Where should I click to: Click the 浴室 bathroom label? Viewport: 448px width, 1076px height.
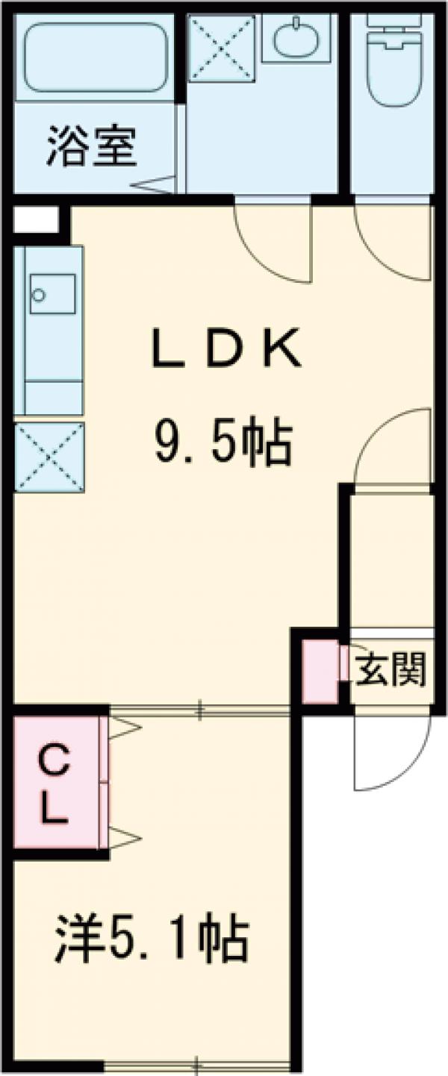point(93,146)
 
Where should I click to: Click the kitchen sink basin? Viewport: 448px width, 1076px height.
point(53,294)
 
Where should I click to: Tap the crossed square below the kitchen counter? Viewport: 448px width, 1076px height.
point(49,457)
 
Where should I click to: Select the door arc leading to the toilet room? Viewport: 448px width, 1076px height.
point(392,243)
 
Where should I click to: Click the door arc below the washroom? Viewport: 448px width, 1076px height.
point(273,243)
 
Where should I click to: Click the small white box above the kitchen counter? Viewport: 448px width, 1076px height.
point(35,219)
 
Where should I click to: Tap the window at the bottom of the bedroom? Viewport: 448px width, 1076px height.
point(197,1063)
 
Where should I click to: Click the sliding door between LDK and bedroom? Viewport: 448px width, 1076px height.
point(200,710)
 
